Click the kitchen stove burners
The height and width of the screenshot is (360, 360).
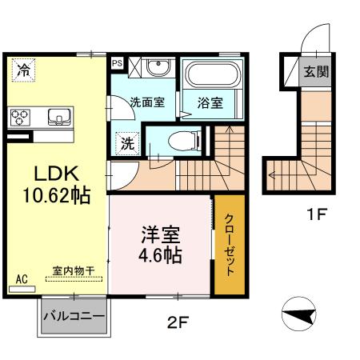(21, 118)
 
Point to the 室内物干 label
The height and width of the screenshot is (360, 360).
(73, 270)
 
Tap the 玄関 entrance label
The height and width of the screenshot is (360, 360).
(313, 71)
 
